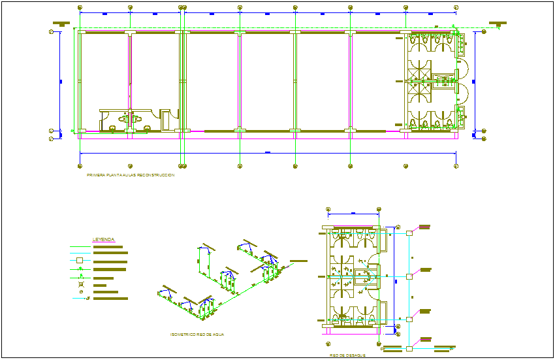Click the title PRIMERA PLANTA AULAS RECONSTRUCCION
coord(131,176)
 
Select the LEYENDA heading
coord(104,240)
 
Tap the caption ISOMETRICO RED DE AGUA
coord(197,334)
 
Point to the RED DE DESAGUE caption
coord(347,355)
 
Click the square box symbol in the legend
coord(80,261)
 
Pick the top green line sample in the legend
coord(80,246)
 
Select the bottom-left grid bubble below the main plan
coord(80,166)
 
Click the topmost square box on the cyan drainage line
coord(409,233)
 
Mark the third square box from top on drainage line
coord(409,319)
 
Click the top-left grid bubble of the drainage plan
coord(328,209)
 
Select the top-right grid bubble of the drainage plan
coord(379,209)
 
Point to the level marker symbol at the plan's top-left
coord(63,25)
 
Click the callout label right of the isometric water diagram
coord(298,261)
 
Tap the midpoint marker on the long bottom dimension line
coord(268,153)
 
